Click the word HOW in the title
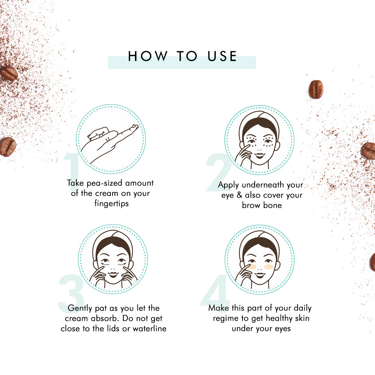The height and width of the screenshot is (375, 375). [148, 56]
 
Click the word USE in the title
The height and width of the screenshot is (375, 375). [222, 56]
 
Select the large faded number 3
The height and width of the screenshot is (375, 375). [71, 294]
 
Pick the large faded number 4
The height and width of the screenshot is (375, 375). [215, 290]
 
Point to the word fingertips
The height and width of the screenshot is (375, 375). [111, 203]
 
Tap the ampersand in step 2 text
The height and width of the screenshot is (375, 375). [239, 195]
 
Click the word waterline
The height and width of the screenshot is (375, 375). [149, 328]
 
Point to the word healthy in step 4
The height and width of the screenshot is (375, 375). [279, 318]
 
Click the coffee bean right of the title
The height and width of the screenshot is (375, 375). [316, 89]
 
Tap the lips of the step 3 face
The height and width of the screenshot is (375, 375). [113, 274]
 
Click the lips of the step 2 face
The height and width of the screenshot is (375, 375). [259, 155]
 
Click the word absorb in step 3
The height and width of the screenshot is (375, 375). [105, 318]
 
